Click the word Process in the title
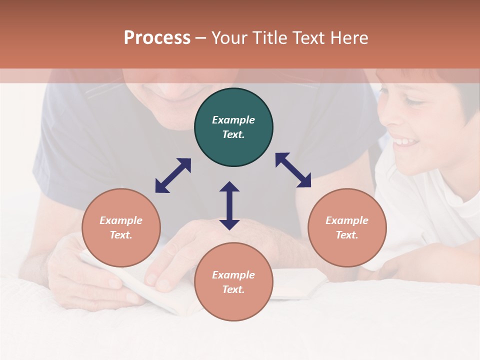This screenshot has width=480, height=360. [x=157, y=38]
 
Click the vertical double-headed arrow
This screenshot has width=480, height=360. [x=229, y=205]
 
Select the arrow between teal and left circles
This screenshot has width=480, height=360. [x=173, y=175]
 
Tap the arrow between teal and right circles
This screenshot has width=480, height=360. [x=293, y=170]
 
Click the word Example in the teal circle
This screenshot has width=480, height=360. [x=233, y=120]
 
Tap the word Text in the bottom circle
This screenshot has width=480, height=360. [x=232, y=289]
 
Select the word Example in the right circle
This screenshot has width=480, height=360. [x=347, y=220]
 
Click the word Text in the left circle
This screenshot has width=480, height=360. [x=120, y=235]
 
